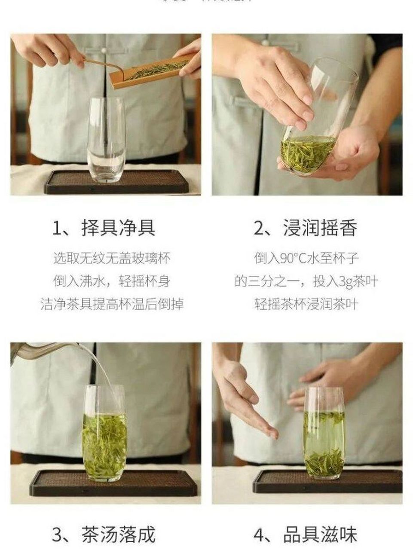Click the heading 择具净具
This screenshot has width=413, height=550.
pyautogui.click(x=118, y=228)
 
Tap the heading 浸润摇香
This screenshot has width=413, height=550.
pyautogui.click(x=320, y=228)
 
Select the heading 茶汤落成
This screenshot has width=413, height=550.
pyautogui.click(x=118, y=535)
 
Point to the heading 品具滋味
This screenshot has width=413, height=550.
pyautogui.click(x=320, y=535)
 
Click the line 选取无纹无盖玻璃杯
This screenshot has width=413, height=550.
pyautogui.click(x=112, y=258)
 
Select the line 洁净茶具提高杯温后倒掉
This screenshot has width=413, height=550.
pyautogui.click(x=112, y=304)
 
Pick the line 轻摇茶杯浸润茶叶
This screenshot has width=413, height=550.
pyautogui.click(x=306, y=304)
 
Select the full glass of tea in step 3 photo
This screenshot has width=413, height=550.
pyautogui.click(x=104, y=434)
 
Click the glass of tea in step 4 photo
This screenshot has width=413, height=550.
pyautogui.click(x=324, y=434)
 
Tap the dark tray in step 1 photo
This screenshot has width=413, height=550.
pyautogui.click(x=116, y=183)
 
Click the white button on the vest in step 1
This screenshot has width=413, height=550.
pyautogui.click(x=103, y=50)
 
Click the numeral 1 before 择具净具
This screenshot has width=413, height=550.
pyautogui.click(x=57, y=228)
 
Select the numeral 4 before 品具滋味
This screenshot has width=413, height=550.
pyautogui.click(x=259, y=535)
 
